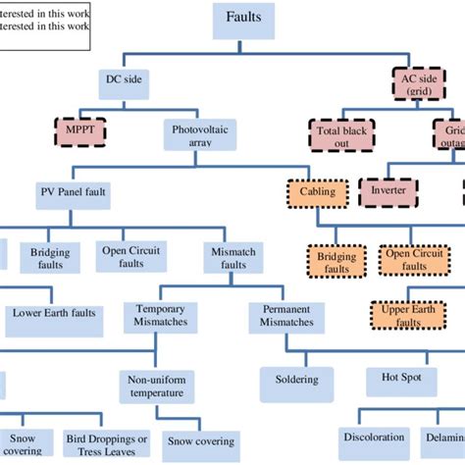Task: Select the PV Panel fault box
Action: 75,191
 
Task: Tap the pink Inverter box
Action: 389,190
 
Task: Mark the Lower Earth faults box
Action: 54,313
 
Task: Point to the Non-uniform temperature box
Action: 158,385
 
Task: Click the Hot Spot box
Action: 401,376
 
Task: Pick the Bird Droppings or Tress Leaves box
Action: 107,443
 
